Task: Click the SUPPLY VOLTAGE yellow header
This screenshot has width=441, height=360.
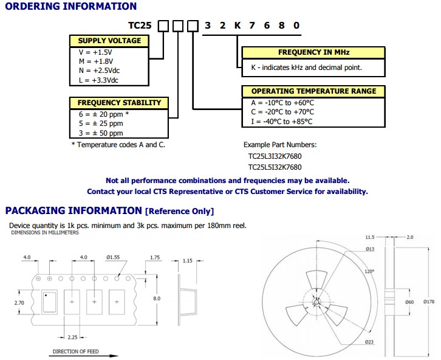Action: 109,41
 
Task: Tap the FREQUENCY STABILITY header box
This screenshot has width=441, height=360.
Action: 119,103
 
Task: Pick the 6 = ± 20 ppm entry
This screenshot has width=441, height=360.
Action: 100,114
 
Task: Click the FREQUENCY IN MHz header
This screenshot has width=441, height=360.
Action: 313,52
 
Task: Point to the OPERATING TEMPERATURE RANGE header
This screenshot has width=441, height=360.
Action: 313,91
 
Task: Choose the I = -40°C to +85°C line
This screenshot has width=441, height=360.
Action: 281,122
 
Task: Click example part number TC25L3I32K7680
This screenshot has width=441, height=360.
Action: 275,156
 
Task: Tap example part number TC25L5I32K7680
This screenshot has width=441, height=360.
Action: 275,167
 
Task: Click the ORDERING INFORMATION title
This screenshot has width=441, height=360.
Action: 71,7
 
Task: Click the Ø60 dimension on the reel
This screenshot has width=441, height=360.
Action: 409,302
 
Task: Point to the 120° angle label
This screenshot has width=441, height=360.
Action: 369,271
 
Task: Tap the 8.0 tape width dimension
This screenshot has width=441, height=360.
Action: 156,299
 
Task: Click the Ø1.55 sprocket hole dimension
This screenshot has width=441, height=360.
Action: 114,258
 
